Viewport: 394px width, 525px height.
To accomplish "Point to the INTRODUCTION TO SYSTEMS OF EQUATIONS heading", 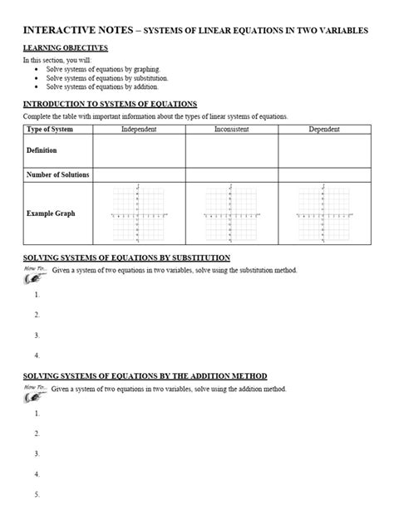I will (109, 104).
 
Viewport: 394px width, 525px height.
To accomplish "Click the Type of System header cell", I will (52, 130).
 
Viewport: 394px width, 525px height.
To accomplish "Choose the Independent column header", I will (139, 130).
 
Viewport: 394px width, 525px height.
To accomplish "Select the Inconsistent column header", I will (231, 130).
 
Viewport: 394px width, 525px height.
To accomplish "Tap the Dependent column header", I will (323, 130).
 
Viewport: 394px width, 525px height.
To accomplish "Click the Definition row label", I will (43, 150).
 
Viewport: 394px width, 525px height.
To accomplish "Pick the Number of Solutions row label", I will (58, 174).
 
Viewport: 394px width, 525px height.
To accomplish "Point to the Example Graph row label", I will (52, 213).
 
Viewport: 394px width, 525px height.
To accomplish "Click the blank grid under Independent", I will (139, 214).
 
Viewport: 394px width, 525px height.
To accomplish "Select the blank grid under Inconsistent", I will (231, 214).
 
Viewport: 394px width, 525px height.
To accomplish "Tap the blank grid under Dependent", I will (323, 214).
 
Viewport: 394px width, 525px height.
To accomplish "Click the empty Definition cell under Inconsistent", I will (231, 151).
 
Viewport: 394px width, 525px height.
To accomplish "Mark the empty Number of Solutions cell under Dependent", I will (323, 174).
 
